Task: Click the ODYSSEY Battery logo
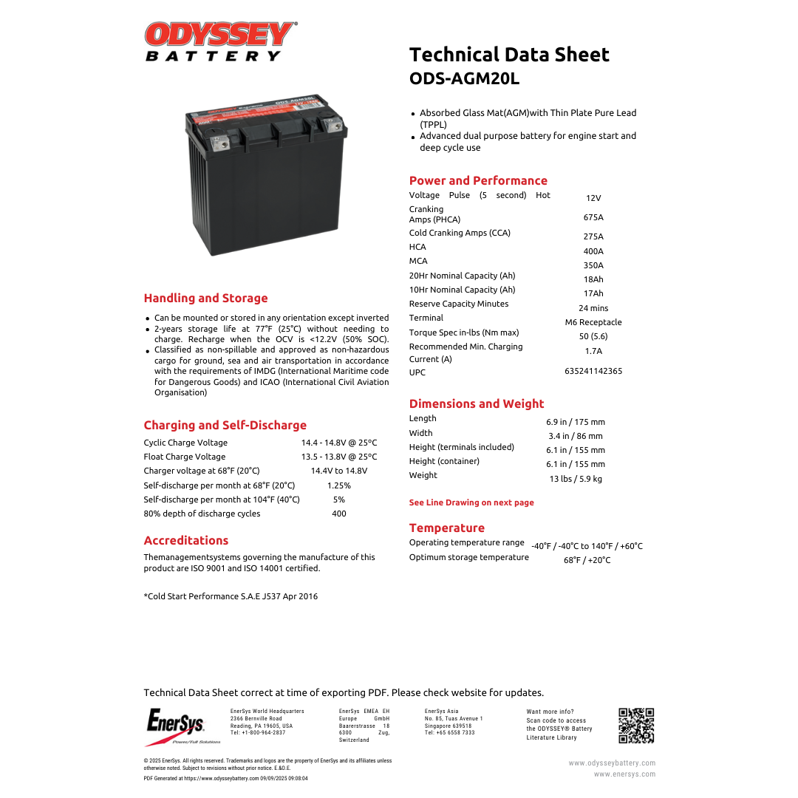219,41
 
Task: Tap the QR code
636,725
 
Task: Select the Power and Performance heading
478,180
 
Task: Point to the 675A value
593,217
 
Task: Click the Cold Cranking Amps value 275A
593,236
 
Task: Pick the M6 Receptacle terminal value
593,322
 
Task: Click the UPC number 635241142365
593,371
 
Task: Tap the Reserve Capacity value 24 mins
593,308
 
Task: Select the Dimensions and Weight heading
477,403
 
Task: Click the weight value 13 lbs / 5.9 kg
576,479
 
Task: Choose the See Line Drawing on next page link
471,502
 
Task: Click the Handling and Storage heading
205,298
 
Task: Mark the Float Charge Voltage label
185,457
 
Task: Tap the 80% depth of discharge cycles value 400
339,514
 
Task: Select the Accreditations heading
186,540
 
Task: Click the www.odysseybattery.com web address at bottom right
612,763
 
